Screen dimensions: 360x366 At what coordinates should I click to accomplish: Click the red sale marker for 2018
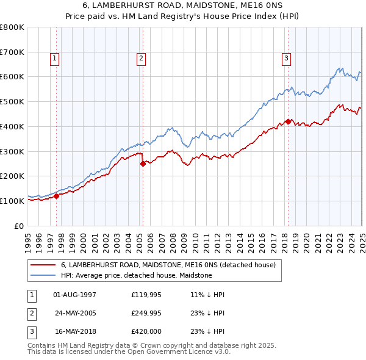287,121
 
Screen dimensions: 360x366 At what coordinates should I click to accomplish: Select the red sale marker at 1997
56,196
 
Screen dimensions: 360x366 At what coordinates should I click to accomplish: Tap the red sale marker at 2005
143,164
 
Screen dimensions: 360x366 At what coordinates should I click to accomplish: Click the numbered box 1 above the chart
54,59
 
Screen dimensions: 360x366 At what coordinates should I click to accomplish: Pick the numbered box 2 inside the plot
141,59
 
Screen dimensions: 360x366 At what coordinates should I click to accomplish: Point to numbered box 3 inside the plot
286,59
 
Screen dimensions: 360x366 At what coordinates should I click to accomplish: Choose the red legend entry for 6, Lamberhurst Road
168,265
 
